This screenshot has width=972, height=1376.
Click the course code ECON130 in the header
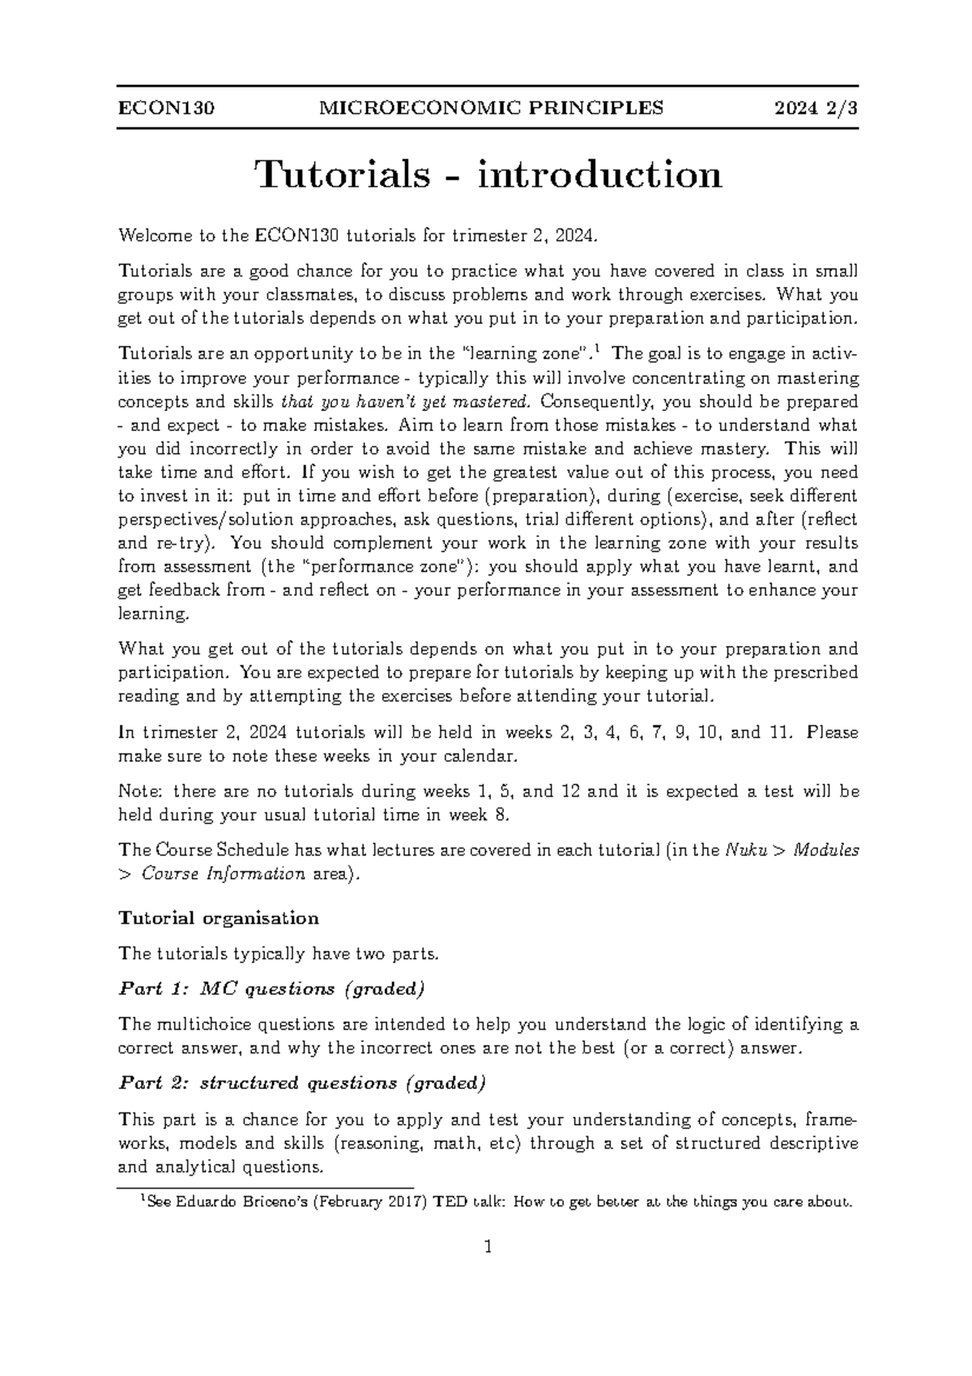point(166,108)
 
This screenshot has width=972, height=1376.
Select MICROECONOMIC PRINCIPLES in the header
point(492,108)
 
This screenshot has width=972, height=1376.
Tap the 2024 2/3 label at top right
point(815,108)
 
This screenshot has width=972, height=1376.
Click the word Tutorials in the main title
point(342,174)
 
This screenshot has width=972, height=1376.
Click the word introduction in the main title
point(599,174)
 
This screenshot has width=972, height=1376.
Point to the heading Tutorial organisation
point(219,918)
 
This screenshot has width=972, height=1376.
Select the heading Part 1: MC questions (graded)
point(271,989)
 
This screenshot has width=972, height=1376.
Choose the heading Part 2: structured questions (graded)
point(302,1083)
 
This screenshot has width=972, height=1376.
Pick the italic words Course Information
point(224,874)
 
